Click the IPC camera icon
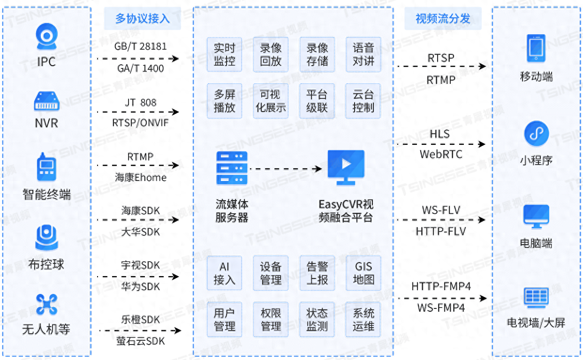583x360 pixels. coord(46,37)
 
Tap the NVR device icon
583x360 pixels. coord(46,101)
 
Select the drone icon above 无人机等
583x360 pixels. coord(46,304)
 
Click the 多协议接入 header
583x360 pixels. coord(143,19)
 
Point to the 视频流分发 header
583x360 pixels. coord(443,19)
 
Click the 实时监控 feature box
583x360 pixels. coord(224,54)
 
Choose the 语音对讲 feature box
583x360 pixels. coord(363,54)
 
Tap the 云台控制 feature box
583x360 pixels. coord(363,101)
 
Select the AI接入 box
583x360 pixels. coord(224,273)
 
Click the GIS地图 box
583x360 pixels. coord(363,273)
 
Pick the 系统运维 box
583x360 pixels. coord(363,319)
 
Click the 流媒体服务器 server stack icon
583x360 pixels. coord(232,168)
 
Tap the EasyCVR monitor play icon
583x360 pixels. coord(346,165)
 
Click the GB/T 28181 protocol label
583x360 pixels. coord(140,47)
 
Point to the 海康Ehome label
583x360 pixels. coord(140,178)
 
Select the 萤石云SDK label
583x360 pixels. coord(140,341)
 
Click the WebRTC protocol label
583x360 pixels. coord(440,154)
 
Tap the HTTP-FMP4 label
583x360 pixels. coord(440,286)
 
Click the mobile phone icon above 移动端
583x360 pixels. coord(536,48)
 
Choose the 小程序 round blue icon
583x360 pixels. coord(536,134)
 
